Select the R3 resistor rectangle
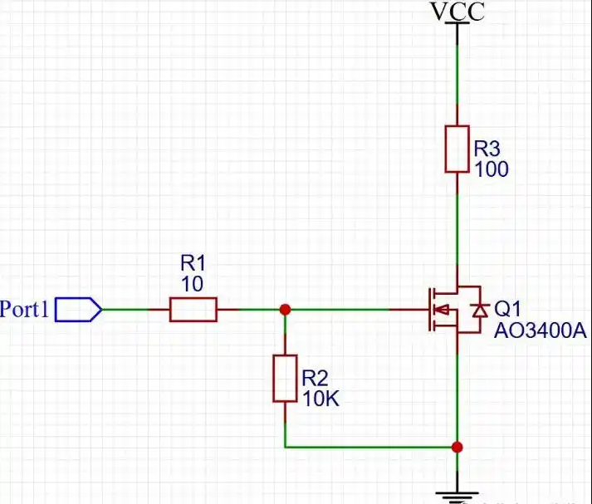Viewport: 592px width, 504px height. (x=457, y=149)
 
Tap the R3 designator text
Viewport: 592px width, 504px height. (x=487, y=149)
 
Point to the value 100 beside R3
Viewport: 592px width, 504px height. (x=492, y=169)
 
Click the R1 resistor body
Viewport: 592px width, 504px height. (x=193, y=310)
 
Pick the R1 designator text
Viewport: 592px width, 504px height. (x=193, y=262)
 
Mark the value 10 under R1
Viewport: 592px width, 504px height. (x=193, y=283)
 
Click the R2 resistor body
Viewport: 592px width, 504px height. (x=285, y=379)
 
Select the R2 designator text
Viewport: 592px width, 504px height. (x=316, y=378)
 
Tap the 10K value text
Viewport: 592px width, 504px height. (x=320, y=399)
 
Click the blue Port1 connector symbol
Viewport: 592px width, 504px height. (x=79, y=310)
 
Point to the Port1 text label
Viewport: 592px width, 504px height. (x=25, y=309)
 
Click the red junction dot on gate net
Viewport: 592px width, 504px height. (x=285, y=310)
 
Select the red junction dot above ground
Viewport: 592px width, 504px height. (x=457, y=448)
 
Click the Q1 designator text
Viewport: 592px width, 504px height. (x=507, y=309)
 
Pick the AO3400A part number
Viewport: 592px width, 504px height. (x=541, y=330)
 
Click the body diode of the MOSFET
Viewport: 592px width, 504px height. (x=480, y=310)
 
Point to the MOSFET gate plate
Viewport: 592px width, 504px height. (x=430, y=310)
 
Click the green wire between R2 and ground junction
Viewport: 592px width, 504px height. (x=371, y=448)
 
